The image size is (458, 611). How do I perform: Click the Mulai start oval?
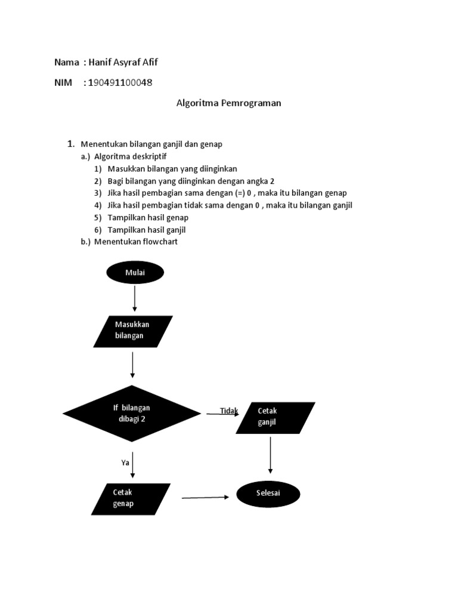135,273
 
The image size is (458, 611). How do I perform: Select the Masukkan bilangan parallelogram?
133,331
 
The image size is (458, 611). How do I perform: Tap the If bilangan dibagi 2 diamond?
132,413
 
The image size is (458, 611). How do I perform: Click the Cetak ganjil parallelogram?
276,417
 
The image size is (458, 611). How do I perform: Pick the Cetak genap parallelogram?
131,499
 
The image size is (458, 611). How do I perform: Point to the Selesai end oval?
268,494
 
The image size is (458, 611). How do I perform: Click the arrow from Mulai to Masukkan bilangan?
135,298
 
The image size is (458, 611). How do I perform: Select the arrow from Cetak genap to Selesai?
205,497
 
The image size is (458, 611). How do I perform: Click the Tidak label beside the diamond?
228,411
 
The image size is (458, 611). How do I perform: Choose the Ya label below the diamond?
125,462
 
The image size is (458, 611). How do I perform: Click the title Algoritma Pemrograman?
228,103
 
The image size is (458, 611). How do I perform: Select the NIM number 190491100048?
120,82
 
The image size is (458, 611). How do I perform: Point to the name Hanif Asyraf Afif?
123,62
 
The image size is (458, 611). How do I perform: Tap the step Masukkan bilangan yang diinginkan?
172,169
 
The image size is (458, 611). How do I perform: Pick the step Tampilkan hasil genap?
148,217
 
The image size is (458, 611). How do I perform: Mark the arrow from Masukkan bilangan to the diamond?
132,365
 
